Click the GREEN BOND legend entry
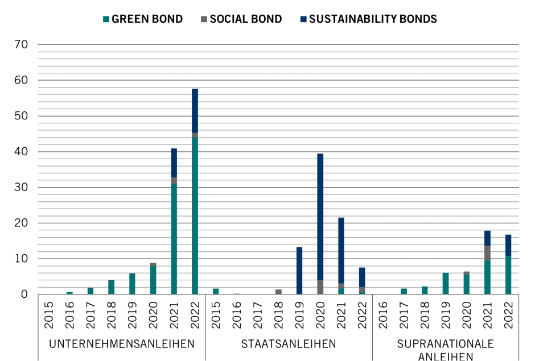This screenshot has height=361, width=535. tap(147, 19)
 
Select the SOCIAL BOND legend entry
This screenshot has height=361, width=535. tap(245, 19)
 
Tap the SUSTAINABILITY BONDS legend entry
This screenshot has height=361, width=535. tap(372, 19)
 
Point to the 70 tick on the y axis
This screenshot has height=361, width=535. tap(21, 44)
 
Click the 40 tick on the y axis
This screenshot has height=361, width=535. tap(21, 152)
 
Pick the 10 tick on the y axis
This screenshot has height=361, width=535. tap(21, 259)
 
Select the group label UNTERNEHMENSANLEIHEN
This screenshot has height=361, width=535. tap(122, 344)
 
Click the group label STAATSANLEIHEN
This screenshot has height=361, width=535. tap(289, 344)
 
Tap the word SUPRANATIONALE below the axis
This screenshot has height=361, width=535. tap(446, 344)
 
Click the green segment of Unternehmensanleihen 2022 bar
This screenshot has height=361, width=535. tap(195, 216)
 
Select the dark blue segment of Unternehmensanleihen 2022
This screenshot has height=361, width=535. tap(195, 111)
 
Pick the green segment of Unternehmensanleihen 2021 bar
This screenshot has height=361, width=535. tap(174, 239)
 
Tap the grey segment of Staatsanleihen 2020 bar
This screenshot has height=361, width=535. tap(320, 287)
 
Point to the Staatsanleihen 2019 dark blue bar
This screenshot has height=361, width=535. tap(299, 271)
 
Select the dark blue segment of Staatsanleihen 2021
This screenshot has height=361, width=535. tap(341, 250)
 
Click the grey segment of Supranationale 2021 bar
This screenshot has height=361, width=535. tap(487, 253)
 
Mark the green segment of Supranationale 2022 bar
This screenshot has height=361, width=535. tap(508, 275)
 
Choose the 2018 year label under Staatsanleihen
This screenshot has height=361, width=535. tap(278, 313)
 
